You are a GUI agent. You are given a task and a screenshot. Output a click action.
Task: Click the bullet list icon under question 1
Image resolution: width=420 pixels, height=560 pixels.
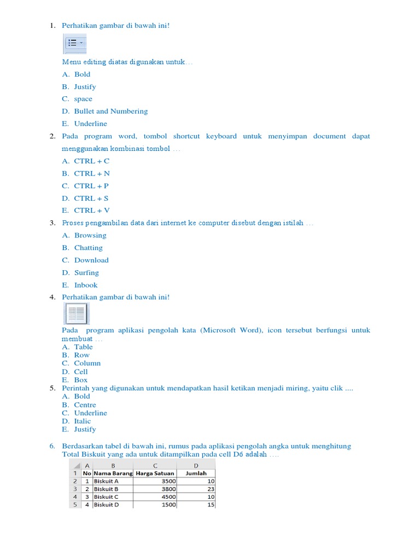click(x=75, y=43)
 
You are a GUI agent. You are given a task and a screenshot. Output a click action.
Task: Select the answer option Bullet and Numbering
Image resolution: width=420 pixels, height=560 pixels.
click(x=111, y=111)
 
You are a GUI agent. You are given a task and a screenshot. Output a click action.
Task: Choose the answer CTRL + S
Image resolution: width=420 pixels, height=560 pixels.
click(x=91, y=198)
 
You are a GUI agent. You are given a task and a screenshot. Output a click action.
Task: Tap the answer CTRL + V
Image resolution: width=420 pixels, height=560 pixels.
click(x=92, y=210)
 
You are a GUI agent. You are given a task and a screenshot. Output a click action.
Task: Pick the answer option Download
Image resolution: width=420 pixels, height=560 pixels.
click(x=91, y=260)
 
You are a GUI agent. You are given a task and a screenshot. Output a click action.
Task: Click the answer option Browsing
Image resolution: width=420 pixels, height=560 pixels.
click(x=90, y=235)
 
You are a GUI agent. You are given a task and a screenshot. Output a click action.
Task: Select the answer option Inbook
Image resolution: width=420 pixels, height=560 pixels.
click(x=86, y=285)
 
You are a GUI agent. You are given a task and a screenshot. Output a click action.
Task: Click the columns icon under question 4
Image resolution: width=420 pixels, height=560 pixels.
click(x=76, y=314)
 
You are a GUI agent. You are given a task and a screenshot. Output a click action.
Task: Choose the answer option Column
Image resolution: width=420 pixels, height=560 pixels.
click(x=87, y=363)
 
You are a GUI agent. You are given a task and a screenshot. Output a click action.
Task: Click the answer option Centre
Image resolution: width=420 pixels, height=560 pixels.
click(x=85, y=405)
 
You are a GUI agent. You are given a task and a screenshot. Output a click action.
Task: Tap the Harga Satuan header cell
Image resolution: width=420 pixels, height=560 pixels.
click(x=155, y=473)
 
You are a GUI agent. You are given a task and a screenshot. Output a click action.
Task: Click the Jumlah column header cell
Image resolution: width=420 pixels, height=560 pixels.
click(x=196, y=473)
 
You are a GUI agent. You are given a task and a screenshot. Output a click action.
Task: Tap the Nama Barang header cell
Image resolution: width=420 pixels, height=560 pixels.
click(x=113, y=473)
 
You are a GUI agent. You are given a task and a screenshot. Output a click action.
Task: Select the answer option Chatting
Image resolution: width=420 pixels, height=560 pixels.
click(x=88, y=248)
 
